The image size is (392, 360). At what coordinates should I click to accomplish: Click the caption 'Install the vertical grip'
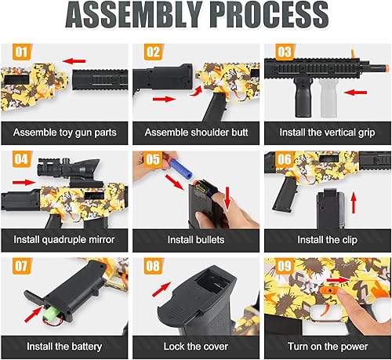click(x=327, y=131)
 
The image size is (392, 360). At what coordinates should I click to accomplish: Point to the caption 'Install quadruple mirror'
click(x=67, y=238)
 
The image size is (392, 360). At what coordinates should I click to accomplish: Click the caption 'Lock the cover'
click(x=196, y=344)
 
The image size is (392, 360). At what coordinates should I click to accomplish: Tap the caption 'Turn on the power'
click(x=327, y=344)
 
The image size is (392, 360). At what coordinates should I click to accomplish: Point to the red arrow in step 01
click(x=75, y=60)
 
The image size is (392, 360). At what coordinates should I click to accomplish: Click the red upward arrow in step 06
click(x=358, y=206)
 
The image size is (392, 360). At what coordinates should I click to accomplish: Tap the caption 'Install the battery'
click(x=67, y=344)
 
